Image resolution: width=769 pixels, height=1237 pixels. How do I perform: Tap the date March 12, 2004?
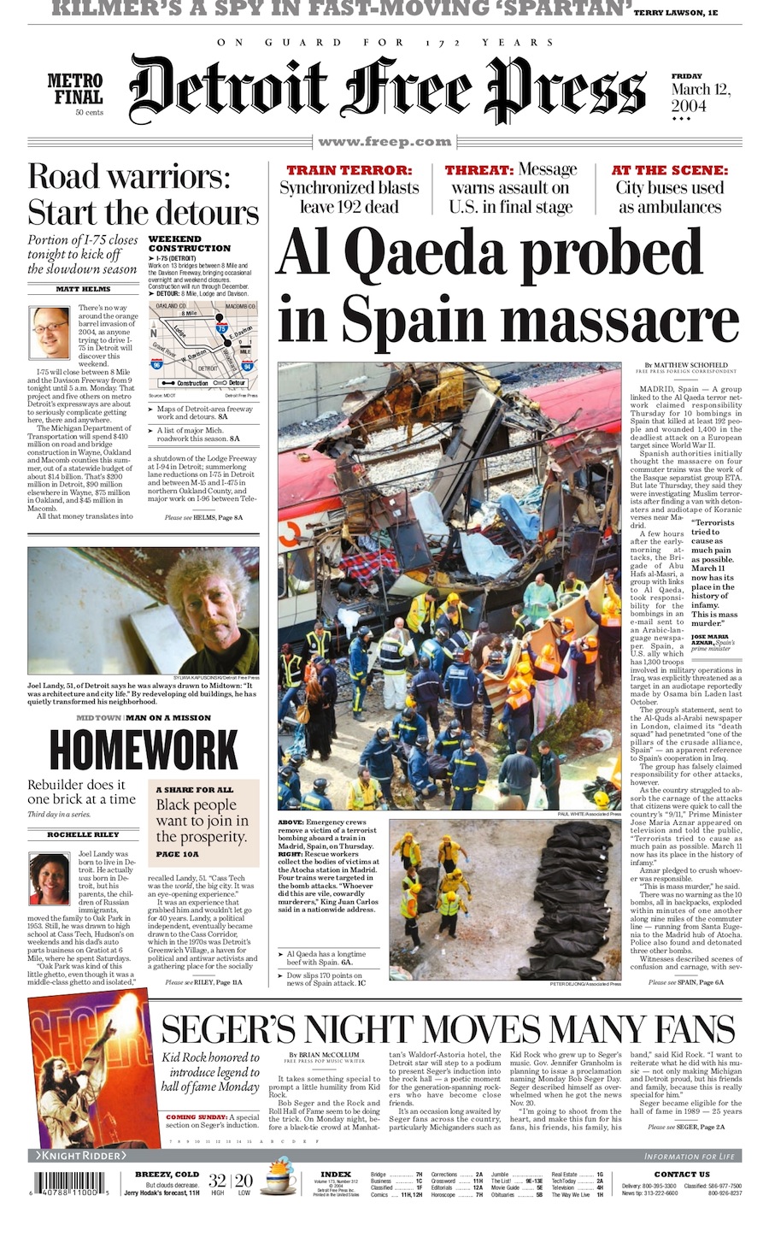pyautogui.click(x=701, y=97)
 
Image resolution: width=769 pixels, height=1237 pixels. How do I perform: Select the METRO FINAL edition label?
pyautogui.click(x=75, y=90)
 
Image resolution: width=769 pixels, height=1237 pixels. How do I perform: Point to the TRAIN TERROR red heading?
pyautogui.click(x=349, y=170)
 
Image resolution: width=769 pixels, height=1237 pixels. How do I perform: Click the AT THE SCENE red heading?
pyautogui.click(x=670, y=170)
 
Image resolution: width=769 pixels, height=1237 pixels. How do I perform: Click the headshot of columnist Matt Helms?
pyautogui.click(x=50, y=333)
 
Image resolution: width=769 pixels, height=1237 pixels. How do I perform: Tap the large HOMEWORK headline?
pyautogui.click(x=144, y=751)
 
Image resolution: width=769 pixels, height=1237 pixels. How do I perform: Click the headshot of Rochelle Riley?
pyautogui.click(x=50, y=878)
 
